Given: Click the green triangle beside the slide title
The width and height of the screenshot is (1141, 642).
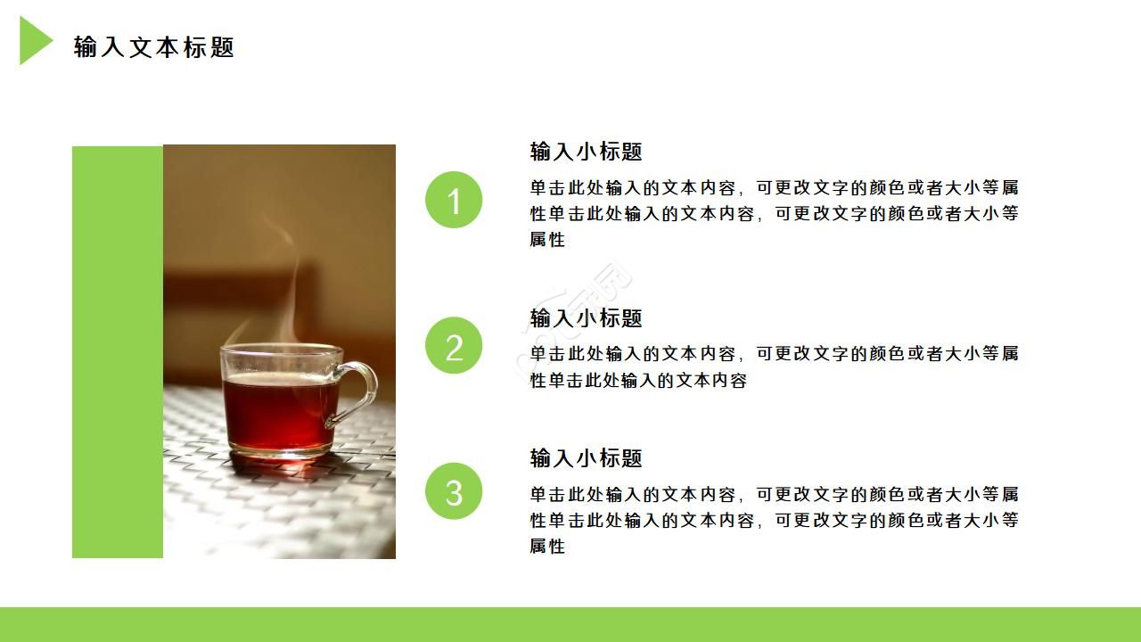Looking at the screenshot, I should pyautogui.click(x=33, y=41).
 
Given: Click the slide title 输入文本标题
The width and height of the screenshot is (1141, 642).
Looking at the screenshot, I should pyautogui.click(x=153, y=47).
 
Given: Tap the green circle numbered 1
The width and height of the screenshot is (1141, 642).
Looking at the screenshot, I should pyautogui.click(x=454, y=200).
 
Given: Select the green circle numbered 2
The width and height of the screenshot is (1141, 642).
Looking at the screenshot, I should pyautogui.click(x=454, y=346).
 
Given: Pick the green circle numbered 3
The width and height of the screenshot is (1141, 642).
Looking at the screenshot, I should pyautogui.click(x=454, y=491).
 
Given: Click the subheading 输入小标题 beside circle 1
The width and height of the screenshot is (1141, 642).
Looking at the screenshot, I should pyautogui.click(x=586, y=152).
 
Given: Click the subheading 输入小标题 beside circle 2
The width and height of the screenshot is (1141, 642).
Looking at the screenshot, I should pyautogui.click(x=586, y=318).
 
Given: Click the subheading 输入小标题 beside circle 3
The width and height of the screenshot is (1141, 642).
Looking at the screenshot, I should pyautogui.click(x=586, y=458).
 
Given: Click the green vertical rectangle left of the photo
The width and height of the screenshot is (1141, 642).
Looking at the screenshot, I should pyautogui.click(x=117, y=352).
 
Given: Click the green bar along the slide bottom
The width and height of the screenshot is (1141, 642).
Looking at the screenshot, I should pyautogui.click(x=570, y=624).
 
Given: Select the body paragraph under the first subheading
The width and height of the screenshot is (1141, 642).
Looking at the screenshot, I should pyautogui.click(x=774, y=213).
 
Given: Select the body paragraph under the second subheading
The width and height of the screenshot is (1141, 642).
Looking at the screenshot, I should pyautogui.click(x=774, y=366).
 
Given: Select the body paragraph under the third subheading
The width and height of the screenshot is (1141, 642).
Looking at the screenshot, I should pyautogui.click(x=774, y=519).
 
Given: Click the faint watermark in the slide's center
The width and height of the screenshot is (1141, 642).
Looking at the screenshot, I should pyautogui.click(x=579, y=308).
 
